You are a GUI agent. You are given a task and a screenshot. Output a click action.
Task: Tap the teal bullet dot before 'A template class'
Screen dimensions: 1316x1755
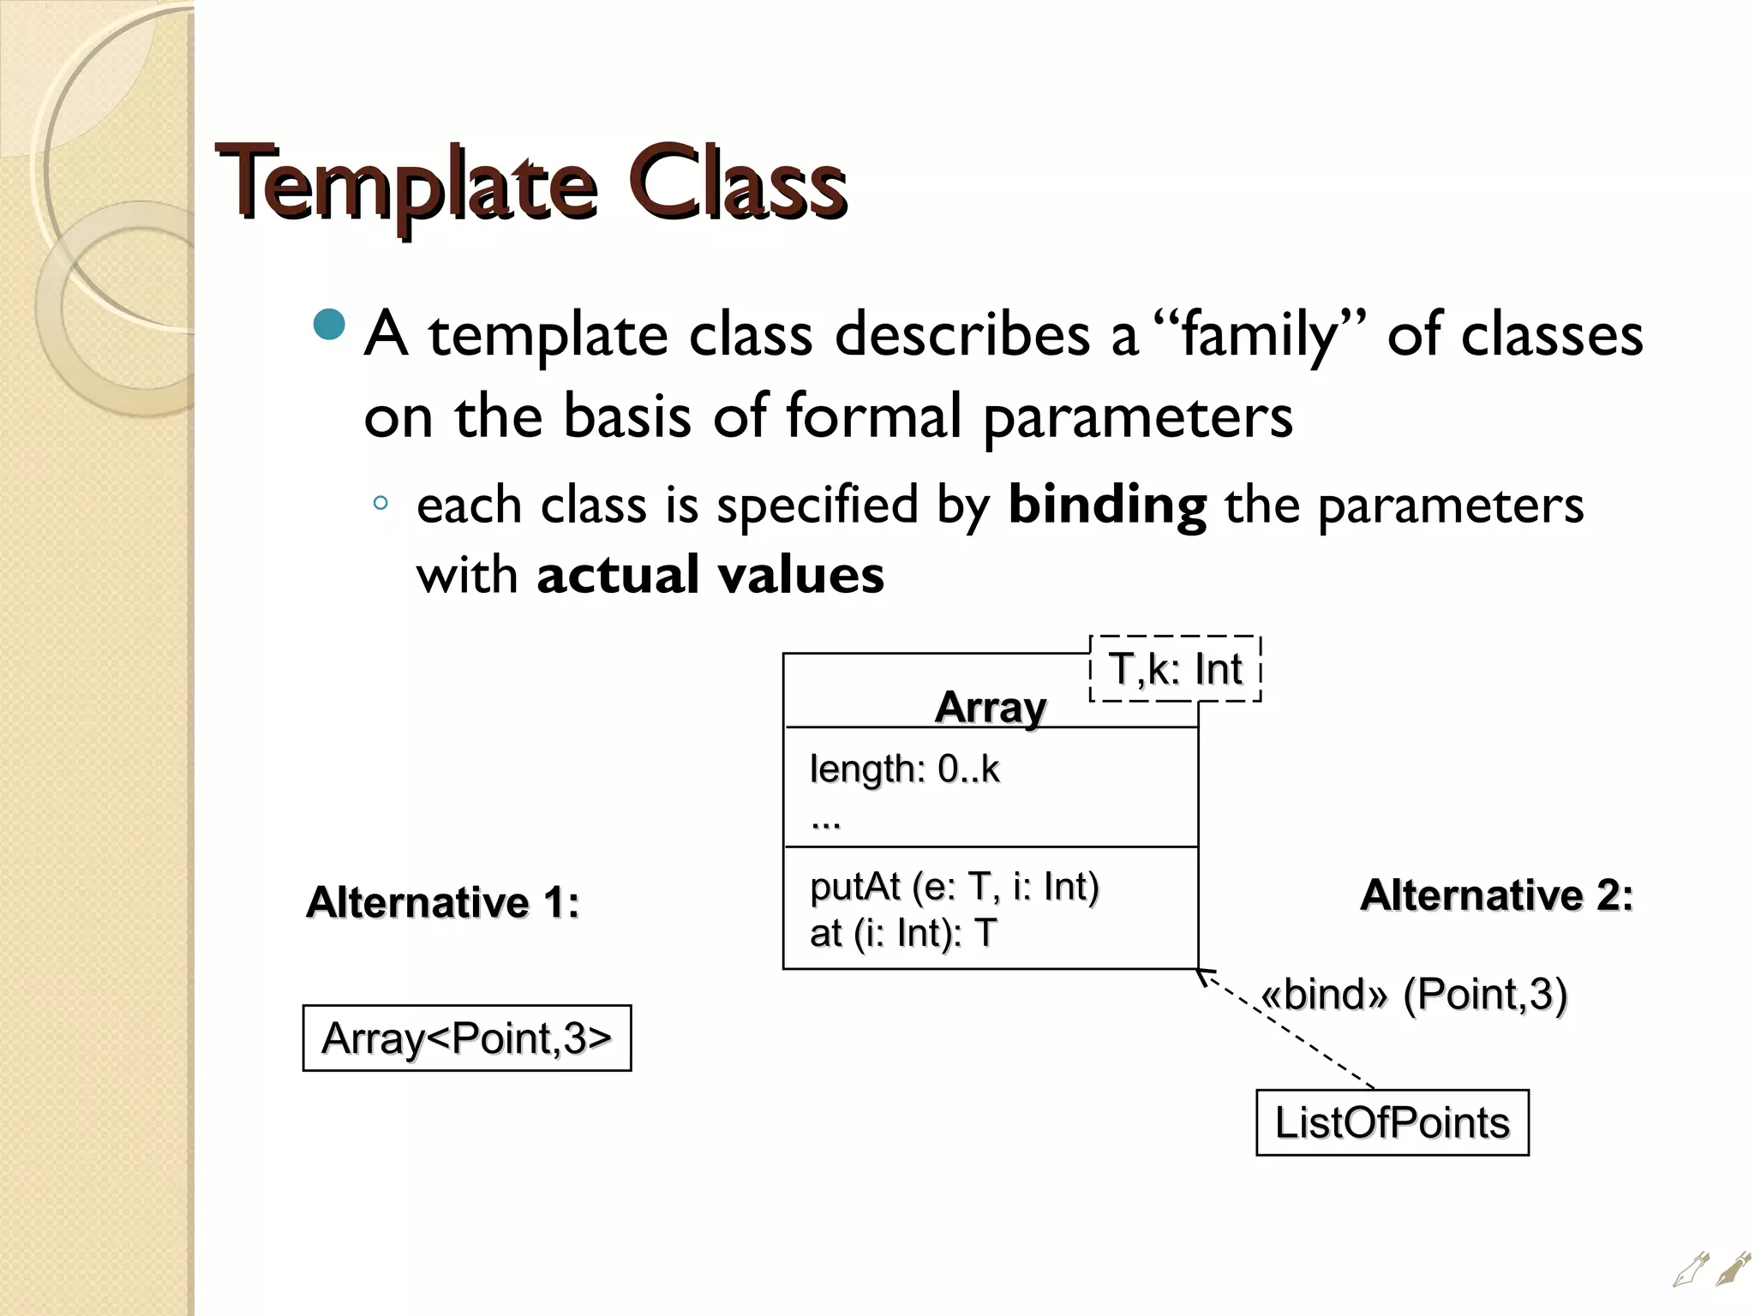[329, 325]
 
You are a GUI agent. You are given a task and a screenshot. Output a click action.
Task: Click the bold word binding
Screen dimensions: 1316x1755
[1107, 505]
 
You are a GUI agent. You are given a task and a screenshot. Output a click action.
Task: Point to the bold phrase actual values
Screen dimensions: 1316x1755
[710, 574]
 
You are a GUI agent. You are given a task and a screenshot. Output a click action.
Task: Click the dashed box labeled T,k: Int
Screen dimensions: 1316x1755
[1175, 669]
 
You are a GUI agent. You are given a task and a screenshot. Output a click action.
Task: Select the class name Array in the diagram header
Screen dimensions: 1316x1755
[990, 708]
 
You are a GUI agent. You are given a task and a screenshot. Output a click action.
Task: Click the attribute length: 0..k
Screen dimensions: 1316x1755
[904, 769]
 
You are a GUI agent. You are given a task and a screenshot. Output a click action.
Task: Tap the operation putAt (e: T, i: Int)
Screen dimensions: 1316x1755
[954, 887]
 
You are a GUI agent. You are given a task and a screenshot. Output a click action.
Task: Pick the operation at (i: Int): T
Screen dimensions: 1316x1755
[903, 933]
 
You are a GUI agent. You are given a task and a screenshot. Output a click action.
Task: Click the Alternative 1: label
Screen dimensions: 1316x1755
[442, 902]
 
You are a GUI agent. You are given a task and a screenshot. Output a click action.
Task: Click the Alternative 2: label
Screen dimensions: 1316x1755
[1496, 895]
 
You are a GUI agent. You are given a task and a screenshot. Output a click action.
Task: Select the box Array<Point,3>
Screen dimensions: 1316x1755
[467, 1038]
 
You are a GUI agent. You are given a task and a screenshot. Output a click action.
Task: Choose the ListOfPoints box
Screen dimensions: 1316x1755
[1392, 1122]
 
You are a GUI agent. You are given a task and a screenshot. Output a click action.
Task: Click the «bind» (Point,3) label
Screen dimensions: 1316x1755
[1413, 995]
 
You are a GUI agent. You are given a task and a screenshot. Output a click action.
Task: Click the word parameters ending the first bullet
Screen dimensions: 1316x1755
[1137, 416]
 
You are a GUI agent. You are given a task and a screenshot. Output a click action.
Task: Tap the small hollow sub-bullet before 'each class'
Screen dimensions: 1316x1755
[381, 504]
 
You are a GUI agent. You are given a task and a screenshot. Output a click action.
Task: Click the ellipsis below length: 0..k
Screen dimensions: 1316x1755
[825, 822]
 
